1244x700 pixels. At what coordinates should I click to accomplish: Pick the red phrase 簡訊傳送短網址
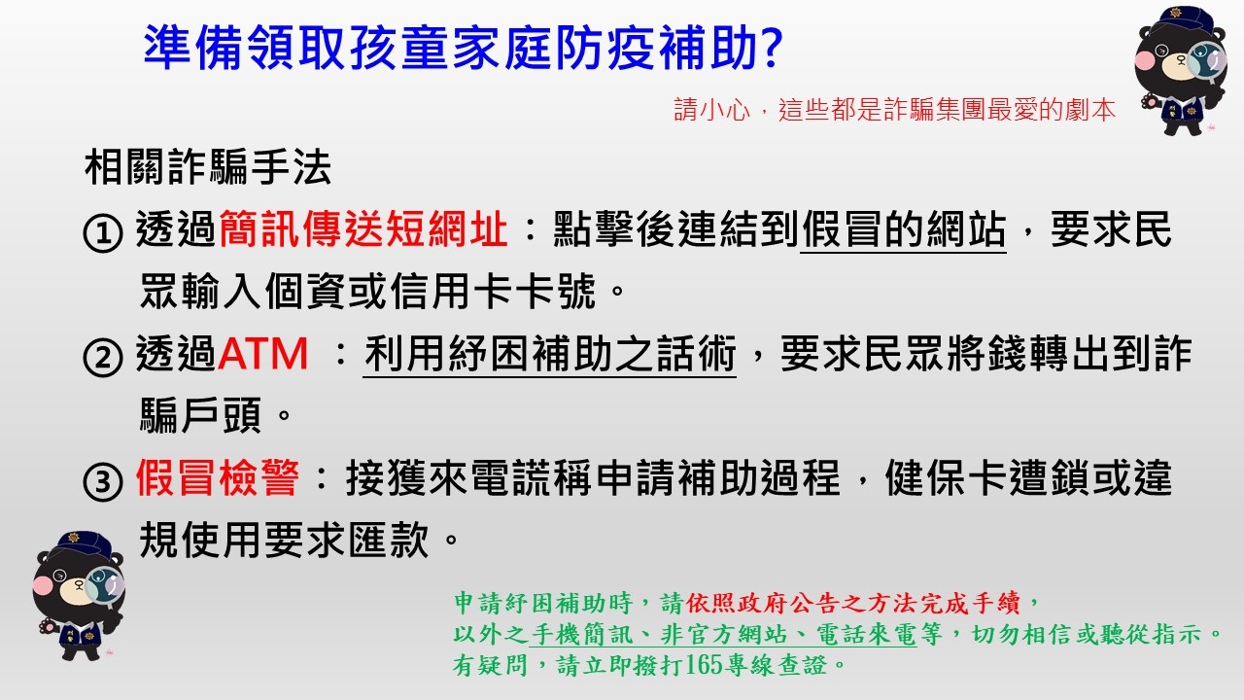pos(363,231)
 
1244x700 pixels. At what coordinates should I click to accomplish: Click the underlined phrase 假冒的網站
pos(903,231)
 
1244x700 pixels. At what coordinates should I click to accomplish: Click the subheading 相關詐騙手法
pos(208,169)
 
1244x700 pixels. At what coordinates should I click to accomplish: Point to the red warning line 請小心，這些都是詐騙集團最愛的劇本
pos(895,110)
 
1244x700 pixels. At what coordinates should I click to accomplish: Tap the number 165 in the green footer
pos(701,666)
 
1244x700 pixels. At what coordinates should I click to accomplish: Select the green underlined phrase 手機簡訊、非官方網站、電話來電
pos(723,635)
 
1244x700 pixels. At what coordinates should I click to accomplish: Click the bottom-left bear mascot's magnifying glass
pos(103,585)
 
